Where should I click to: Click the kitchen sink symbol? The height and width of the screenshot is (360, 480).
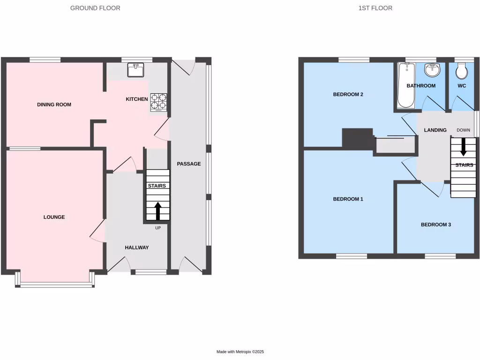tap(135, 70)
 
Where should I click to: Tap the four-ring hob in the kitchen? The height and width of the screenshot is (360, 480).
tap(158, 103)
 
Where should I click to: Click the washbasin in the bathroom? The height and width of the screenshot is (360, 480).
tap(432, 71)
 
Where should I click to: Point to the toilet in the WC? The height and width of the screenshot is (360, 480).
tap(462, 72)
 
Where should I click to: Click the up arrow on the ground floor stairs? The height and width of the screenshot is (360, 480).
tap(157, 211)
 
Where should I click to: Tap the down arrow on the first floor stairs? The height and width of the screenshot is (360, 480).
tap(463, 147)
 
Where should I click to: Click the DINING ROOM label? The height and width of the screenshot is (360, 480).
tap(54, 105)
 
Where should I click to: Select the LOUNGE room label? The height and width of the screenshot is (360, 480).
tap(54, 217)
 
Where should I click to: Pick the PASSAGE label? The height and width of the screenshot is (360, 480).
tap(189, 164)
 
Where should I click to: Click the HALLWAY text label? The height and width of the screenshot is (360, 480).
tap(136, 247)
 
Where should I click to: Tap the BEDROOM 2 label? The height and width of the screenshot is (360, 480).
tap(348, 94)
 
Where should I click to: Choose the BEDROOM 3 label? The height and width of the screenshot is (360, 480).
tap(435, 225)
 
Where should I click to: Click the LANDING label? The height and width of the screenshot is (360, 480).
tap(435, 130)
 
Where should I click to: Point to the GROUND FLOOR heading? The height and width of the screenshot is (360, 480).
tap(95, 8)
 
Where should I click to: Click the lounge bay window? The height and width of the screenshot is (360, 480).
tap(56, 284)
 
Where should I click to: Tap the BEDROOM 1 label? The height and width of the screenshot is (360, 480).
tap(348, 199)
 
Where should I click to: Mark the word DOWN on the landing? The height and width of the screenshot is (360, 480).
tap(463, 130)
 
